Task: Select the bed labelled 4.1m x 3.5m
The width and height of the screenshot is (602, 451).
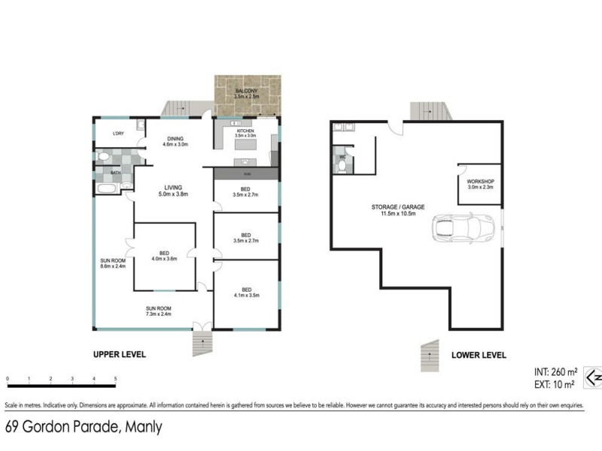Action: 246,292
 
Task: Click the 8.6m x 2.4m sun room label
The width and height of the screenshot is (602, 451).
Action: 112,263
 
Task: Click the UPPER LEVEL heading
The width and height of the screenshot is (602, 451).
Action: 119,354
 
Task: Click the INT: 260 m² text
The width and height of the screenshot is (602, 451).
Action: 556,371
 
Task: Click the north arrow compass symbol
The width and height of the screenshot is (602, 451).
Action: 593,377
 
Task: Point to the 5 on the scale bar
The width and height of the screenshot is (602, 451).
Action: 115,379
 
